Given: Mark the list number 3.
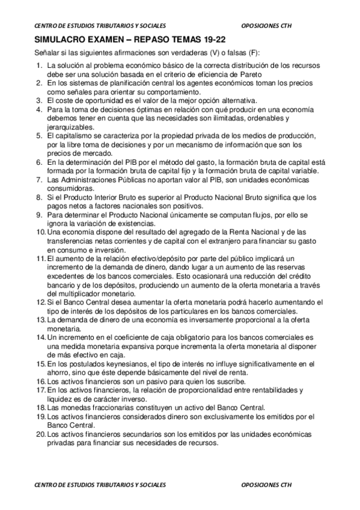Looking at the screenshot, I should (x=38, y=100).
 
